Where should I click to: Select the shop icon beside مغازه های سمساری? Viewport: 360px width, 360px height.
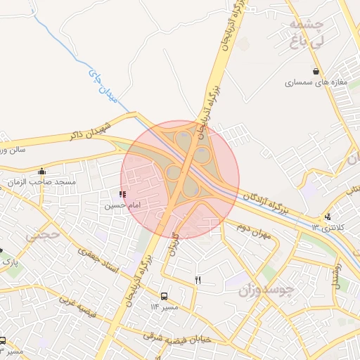pyautogui.click(x=316, y=71)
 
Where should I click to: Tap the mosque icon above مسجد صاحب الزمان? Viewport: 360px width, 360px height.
pyautogui.click(x=42, y=171)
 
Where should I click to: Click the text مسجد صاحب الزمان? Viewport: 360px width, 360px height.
pyautogui.click(x=41, y=182)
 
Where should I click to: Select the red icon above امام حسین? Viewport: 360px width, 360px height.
pyautogui.click(x=123, y=194)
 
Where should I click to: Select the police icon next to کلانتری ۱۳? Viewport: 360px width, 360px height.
pyautogui.click(x=328, y=216)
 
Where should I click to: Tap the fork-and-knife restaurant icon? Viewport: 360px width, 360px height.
pyautogui.click(x=198, y=281)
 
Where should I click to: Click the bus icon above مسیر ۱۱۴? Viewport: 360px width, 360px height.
pyautogui.click(x=165, y=297)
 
